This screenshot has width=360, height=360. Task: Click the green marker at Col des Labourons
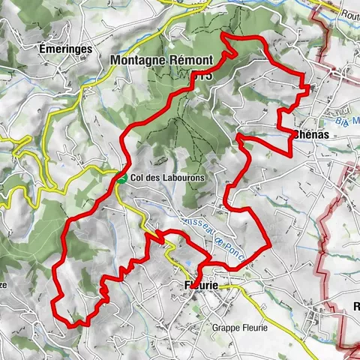coord(121,179)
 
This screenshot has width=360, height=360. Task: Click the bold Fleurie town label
coord(201,286)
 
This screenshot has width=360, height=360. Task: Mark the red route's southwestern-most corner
coord(54,301)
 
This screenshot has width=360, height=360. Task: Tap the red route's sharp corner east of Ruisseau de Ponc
coord(268,244)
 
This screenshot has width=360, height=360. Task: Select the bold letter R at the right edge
coord(355,306)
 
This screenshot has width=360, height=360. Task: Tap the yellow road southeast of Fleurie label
coord(262,307)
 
